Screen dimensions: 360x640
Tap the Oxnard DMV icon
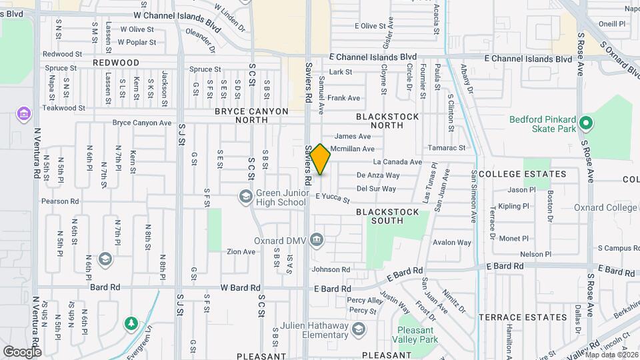pos(317,240)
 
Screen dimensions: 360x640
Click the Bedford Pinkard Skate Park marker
pos(586,123)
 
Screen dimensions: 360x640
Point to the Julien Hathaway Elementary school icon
pos(359,329)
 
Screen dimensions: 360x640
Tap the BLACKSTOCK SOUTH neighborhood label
pos(387,216)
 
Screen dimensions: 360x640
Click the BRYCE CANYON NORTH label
pos(251,115)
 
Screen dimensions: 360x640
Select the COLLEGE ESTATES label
pos(522,174)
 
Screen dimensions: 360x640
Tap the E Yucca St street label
pos(333,197)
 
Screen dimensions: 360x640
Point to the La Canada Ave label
pos(397,162)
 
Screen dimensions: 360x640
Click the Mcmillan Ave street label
pos(353,149)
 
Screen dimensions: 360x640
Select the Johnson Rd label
pos(330,269)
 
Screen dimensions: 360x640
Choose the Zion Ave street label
pos(241,252)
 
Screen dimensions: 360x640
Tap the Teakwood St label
pos(64,107)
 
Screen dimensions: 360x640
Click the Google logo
pos(22,351)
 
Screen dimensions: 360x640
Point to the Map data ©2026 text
pos(611,354)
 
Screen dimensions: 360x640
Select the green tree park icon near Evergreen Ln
pos(131,323)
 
